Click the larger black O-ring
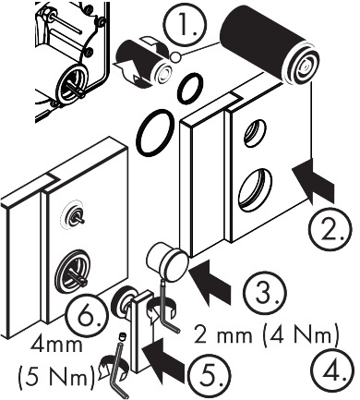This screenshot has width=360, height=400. coord(152,133)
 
